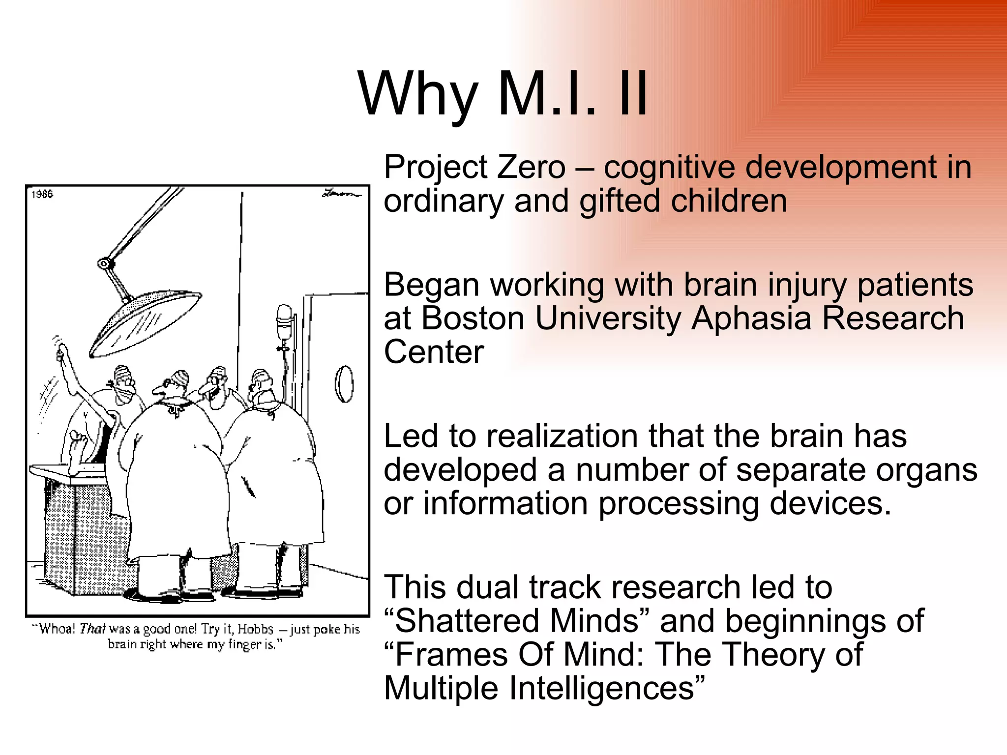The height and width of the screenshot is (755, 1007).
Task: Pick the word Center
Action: tap(434, 352)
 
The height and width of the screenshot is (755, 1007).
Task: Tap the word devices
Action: tap(830, 504)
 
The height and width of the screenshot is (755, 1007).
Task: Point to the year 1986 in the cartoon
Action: tap(42, 194)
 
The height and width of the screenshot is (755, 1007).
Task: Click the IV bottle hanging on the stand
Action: tap(284, 322)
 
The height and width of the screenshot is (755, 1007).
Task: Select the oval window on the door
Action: tap(344, 384)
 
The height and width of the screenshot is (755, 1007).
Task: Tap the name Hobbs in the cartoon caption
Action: tap(255, 630)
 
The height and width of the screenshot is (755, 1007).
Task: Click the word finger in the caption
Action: tap(245, 644)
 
